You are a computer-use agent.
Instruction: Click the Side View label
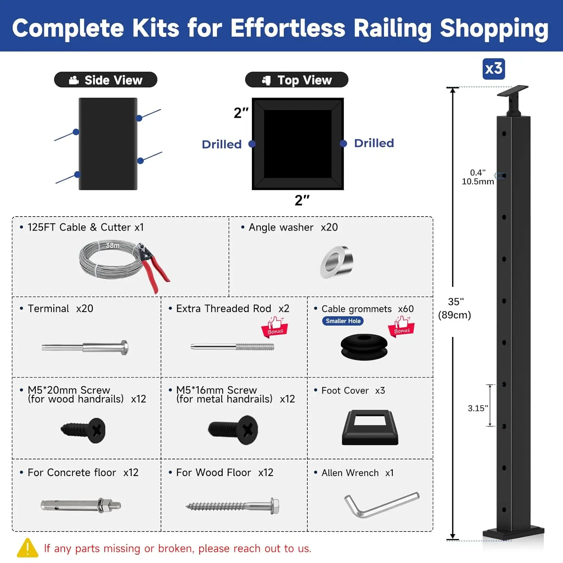click(105, 80)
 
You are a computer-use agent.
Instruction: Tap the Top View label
click(297, 80)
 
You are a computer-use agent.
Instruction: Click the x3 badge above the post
click(494, 69)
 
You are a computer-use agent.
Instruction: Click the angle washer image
click(337, 262)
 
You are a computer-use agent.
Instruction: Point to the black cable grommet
click(364, 347)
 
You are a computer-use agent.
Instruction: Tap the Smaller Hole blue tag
click(343, 321)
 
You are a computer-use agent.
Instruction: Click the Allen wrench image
click(381, 504)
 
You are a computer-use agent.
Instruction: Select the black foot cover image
click(370, 428)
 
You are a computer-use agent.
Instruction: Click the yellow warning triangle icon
click(27, 548)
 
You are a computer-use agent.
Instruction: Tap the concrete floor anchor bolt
click(81, 505)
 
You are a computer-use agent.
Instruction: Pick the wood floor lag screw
click(233, 506)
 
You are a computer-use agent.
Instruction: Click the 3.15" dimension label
click(477, 408)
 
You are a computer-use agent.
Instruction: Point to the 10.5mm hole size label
click(477, 182)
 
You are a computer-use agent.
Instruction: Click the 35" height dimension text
click(455, 302)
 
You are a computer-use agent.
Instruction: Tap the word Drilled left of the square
click(221, 145)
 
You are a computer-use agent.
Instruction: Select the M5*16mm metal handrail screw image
click(233, 430)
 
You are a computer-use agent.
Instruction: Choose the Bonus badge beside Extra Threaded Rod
click(275, 327)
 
